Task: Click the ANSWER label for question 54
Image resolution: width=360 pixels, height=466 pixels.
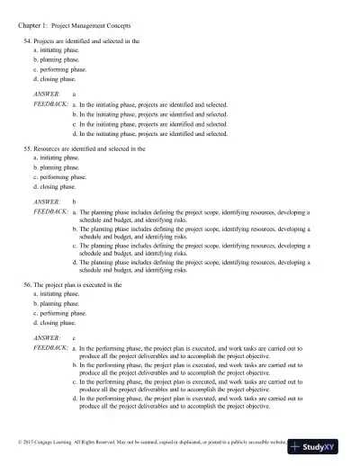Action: pos(45,94)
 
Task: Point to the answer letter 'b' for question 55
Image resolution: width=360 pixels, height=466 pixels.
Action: pos(74,202)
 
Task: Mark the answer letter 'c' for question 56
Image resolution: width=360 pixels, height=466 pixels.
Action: pos(74,338)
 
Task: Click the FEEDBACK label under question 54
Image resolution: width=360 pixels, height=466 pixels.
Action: pos(49,105)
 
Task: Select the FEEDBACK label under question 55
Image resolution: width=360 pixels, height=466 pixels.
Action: pos(49,211)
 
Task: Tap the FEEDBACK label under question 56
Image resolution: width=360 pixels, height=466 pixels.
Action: pos(49,348)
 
